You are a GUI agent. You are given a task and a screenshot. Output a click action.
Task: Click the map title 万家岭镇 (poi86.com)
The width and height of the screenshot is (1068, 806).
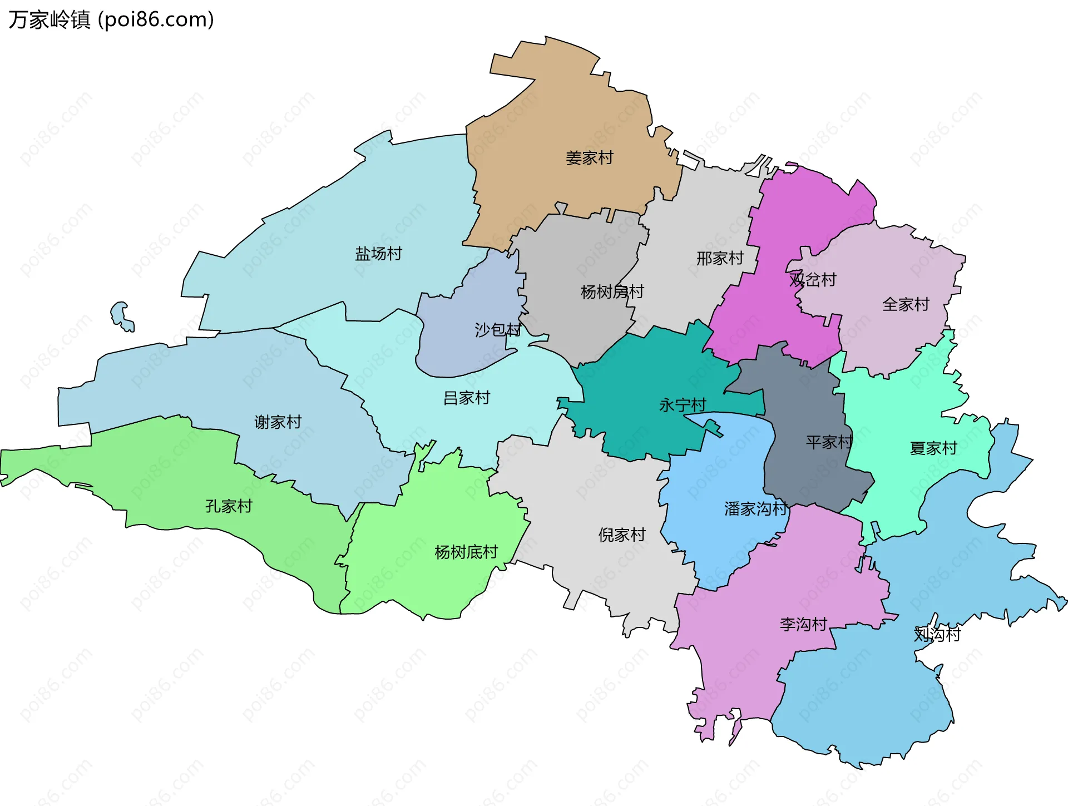click(x=111, y=19)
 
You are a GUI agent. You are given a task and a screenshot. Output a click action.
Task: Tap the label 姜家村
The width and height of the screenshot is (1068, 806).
click(x=589, y=158)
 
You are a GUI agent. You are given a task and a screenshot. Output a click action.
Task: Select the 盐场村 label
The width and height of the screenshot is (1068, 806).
click(x=378, y=254)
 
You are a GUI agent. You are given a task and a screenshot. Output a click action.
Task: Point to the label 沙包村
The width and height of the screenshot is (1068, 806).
click(x=498, y=330)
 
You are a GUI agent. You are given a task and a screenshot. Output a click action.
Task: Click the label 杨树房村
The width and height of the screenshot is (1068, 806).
click(x=612, y=291)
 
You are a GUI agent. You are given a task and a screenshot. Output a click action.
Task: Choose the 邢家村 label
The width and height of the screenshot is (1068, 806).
click(x=720, y=258)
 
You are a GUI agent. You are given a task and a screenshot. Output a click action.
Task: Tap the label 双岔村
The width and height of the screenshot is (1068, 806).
click(x=813, y=279)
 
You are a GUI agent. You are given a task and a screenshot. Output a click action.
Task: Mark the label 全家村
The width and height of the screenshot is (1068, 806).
click(x=906, y=304)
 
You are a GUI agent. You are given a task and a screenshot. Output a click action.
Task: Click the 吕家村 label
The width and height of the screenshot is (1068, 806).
click(x=466, y=398)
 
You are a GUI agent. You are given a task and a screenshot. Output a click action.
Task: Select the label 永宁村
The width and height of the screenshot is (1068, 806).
click(x=683, y=405)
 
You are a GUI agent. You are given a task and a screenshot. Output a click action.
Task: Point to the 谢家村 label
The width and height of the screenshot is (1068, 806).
click(x=278, y=422)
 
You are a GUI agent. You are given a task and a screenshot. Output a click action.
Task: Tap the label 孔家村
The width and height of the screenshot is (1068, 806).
click(x=229, y=506)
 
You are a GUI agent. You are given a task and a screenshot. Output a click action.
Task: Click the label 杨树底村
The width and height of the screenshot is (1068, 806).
click(x=466, y=552)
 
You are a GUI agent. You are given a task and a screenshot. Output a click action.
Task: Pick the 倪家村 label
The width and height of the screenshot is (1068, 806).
click(x=621, y=535)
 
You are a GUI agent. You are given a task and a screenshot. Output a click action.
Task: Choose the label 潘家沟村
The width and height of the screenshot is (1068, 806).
click(x=755, y=508)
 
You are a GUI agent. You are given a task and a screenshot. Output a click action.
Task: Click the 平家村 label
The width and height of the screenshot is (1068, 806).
click(x=829, y=442)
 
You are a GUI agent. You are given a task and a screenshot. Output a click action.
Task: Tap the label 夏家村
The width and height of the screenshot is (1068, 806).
click(x=933, y=448)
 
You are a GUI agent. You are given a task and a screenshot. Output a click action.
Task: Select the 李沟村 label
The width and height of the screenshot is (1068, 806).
click(x=803, y=624)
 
